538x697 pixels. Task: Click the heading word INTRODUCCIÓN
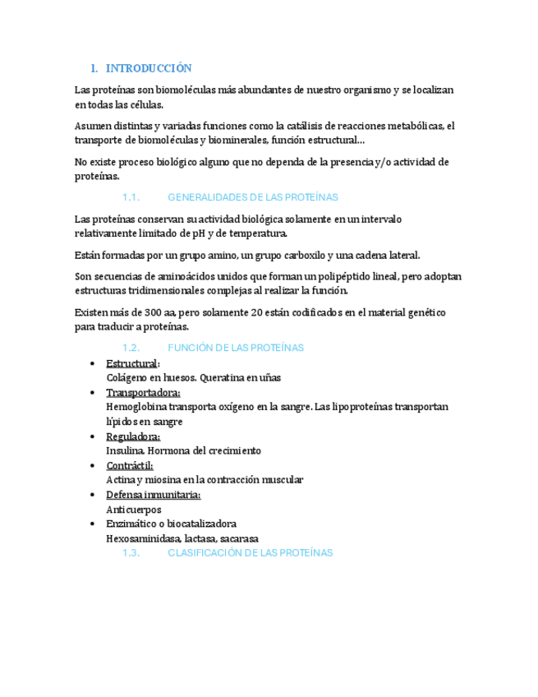[x=149, y=68]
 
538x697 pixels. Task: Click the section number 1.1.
[x=131, y=198]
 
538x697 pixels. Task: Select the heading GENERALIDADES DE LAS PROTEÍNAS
[x=252, y=198]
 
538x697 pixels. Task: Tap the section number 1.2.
[x=131, y=348]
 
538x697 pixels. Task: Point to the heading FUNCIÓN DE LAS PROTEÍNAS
[x=235, y=348]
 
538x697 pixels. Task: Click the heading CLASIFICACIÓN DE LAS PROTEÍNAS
[x=250, y=553]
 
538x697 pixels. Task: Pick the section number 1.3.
[x=131, y=553]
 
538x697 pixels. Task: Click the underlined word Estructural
[x=132, y=363]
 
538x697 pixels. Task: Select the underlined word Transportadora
[x=143, y=393]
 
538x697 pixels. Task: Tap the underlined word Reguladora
[x=132, y=436]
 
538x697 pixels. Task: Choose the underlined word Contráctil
[x=130, y=466]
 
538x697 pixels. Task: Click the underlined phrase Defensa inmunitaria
[x=153, y=495]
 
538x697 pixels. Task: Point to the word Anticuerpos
[x=134, y=510]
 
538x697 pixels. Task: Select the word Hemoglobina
[x=135, y=407]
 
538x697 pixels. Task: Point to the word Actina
[x=121, y=480]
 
